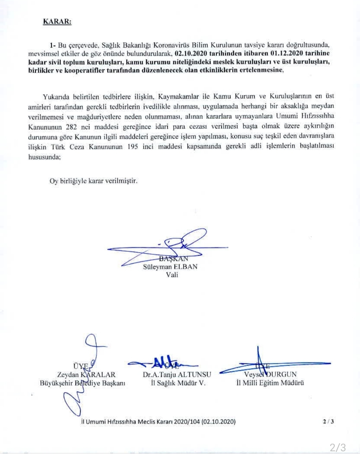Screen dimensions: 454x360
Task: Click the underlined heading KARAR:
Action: point(57,22)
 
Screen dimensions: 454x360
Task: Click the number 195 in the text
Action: point(132,147)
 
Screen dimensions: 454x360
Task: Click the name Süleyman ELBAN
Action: point(170,267)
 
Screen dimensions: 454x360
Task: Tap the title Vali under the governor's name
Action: point(172,275)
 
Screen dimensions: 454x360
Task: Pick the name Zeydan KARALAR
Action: point(86,375)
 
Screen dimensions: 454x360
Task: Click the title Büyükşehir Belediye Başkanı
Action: point(82,383)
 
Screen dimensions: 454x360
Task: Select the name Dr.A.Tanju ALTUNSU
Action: point(177,375)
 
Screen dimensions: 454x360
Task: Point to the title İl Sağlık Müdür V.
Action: point(178,383)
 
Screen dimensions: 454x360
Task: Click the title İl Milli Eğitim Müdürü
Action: point(270,383)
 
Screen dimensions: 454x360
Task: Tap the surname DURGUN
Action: point(282,374)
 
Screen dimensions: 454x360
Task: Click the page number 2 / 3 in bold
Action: point(328,421)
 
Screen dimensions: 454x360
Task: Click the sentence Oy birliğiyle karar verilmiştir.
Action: point(93,181)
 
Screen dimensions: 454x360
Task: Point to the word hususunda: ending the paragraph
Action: point(45,157)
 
